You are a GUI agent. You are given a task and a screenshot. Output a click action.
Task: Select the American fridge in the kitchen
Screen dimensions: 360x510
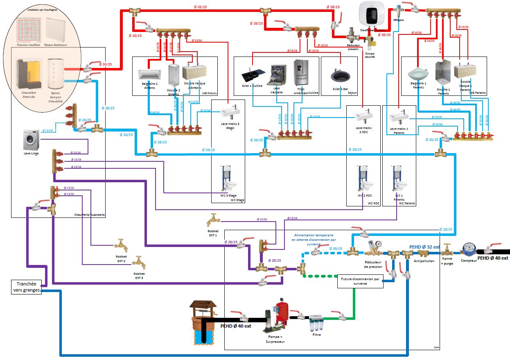click(301, 72)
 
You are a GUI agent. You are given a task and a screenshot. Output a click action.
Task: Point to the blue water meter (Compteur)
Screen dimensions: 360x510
click(468, 248)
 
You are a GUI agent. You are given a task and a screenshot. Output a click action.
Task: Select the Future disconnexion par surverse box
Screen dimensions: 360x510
click(360, 282)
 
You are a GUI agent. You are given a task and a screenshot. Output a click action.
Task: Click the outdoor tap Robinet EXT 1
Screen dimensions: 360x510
click(213, 220)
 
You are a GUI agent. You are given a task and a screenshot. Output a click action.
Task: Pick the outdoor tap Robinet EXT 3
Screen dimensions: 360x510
click(139, 263)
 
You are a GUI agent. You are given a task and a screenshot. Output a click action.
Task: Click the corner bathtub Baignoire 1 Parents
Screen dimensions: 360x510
click(419, 74)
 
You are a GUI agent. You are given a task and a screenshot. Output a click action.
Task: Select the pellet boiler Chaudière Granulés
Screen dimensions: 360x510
click(29, 74)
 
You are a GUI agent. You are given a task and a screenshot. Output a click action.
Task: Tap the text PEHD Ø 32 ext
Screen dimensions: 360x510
click(424, 247)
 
